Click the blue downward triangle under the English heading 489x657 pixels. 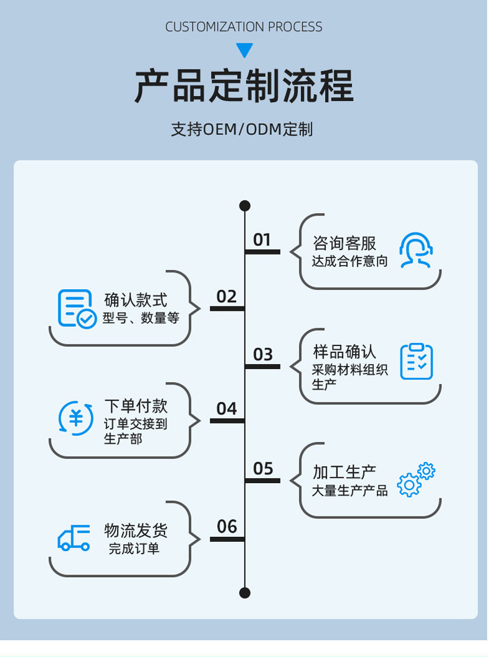[x=245, y=50]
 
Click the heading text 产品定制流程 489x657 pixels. [x=244, y=87]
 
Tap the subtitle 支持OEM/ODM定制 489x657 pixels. [x=242, y=129]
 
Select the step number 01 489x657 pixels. [x=262, y=240]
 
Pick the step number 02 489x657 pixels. [x=227, y=297]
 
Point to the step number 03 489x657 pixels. [x=262, y=354]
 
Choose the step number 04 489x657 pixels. [x=227, y=409]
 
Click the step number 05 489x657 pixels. [x=262, y=469]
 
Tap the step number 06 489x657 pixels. [x=227, y=526]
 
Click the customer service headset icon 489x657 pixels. [x=415, y=250]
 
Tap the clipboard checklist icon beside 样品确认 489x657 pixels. [x=416, y=362]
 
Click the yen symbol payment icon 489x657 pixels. [x=76, y=417]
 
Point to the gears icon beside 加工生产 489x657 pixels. [x=416, y=479]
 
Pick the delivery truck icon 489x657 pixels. [x=74, y=537]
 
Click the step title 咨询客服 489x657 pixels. [x=344, y=243]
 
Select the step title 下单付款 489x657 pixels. [x=136, y=406]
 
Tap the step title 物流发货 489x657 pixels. [x=136, y=531]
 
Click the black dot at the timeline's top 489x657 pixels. [x=244, y=206]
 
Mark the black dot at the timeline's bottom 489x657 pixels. [x=244, y=593]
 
